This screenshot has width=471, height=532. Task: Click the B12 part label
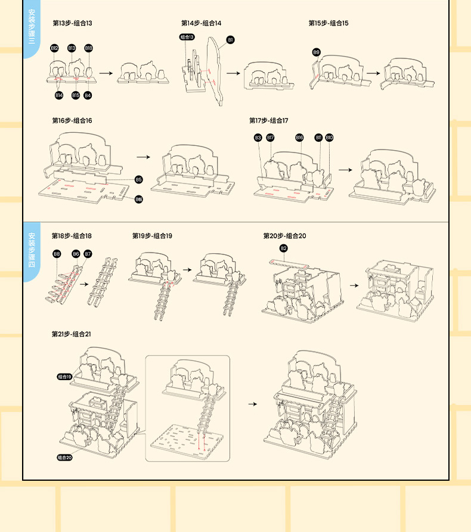point(54,48)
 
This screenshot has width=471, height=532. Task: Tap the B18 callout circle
point(88,48)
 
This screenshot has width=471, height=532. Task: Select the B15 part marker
point(76,95)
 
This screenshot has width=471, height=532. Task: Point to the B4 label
point(88,95)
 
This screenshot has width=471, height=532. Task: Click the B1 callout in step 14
point(230,40)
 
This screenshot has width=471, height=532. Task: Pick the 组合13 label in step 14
point(187,37)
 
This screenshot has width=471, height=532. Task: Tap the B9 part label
point(316,52)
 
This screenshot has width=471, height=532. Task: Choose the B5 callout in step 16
point(138,179)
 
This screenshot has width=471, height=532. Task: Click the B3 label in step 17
point(258,138)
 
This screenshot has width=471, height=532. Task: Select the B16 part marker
point(299,138)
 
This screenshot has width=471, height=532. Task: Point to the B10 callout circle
point(329,138)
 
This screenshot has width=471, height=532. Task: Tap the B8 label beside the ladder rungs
point(57,254)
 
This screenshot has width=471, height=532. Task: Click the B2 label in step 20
point(283,248)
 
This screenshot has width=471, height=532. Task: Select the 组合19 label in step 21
point(64,377)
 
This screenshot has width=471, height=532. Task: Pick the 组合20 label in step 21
point(64,457)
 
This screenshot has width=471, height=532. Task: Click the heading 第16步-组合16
point(72,120)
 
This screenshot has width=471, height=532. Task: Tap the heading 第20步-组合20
point(284,236)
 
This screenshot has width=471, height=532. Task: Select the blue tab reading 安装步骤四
point(32,251)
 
